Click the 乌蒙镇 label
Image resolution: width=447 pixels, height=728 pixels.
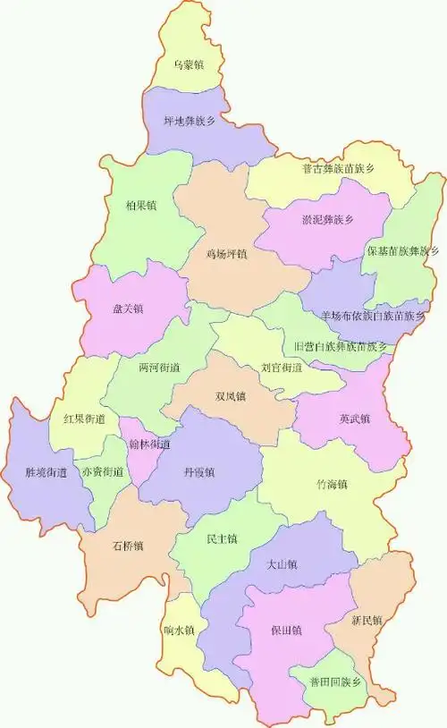pos(189,65)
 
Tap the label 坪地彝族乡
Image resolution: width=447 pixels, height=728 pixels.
pos(189,121)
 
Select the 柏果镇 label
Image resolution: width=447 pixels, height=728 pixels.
pos(141,205)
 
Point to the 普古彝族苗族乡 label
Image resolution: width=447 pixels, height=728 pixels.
pos(338,169)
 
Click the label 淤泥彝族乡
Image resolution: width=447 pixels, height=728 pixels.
pos(323,219)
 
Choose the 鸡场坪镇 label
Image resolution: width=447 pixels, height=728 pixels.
pos(227,254)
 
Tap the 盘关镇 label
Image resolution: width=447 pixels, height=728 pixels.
pos(128,309)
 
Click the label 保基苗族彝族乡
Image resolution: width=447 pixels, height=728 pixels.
pos(402,251)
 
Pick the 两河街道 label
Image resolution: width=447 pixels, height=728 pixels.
pos(159,368)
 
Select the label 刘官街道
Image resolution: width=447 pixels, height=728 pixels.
pos(282,367)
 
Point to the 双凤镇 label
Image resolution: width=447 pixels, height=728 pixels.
pos(230,395)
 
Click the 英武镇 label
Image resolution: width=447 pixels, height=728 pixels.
pos(355,418)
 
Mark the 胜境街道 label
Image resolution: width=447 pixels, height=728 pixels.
pos(46,471)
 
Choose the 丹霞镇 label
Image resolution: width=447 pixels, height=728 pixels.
pos(198,471)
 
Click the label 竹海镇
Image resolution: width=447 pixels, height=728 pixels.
pos(332,486)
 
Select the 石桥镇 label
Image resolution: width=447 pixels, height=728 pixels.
pos(128,546)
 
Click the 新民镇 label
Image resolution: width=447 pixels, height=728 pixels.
pos(367,620)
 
